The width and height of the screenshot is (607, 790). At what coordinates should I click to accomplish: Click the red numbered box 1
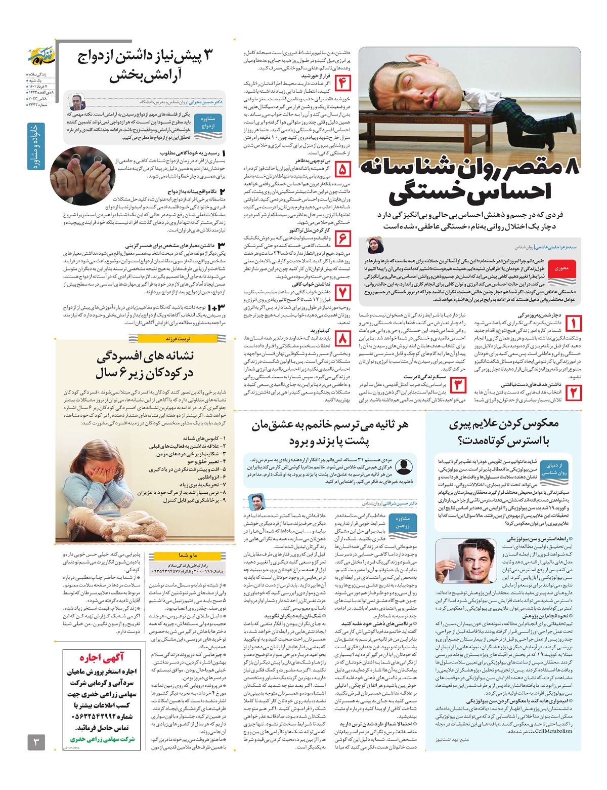pos(574,324)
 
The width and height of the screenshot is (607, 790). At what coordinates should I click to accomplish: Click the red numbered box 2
pos(574,392)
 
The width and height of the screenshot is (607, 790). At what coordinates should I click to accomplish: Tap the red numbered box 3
pos(458,385)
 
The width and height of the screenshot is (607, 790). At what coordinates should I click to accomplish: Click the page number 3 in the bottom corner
pos(36,743)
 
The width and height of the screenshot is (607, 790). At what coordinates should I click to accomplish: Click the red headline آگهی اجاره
pos(102,658)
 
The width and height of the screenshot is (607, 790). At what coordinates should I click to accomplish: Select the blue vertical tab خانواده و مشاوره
pos(36,146)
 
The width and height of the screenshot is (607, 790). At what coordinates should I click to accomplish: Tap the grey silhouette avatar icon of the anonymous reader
pos(403,465)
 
